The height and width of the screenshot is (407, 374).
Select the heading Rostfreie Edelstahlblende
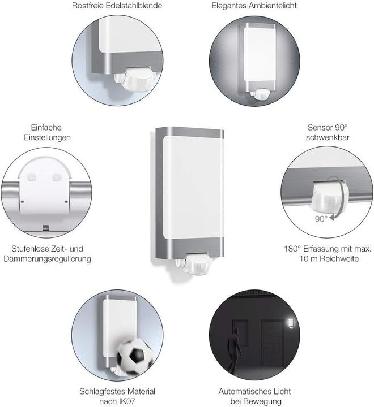tap(118, 6)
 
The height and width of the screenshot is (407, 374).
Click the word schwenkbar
tap(327, 138)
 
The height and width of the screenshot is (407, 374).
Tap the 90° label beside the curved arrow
tap(321, 218)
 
